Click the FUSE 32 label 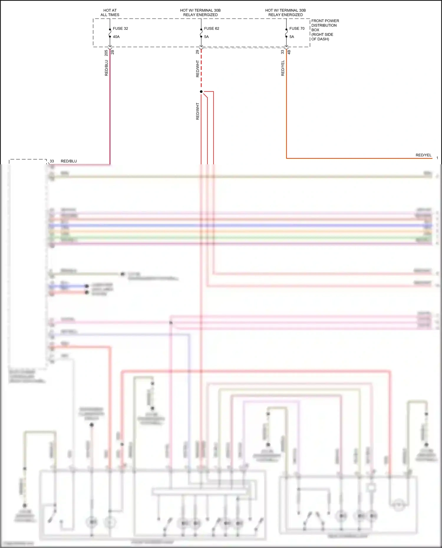click(x=120, y=29)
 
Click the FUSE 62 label click(x=211, y=29)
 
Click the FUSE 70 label click(x=297, y=29)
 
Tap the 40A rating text click(x=116, y=37)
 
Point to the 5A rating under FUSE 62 click(x=206, y=37)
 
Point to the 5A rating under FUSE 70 click(x=291, y=37)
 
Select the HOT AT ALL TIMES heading click(x=110, y=12)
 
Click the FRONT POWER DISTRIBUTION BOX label click(x=325, y=30)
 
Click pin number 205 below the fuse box click(x=106, y=53)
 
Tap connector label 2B click(x=113, y=52)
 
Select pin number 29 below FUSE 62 click(x=197, y=52)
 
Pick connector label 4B click(x=289, y=52)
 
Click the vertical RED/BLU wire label click(x=106, y=68)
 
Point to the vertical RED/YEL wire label click(x=283, y=68)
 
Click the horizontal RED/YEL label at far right click(x=423, y=155)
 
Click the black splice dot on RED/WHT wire click(x=201, y=92)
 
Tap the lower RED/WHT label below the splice click(x=197, y=111)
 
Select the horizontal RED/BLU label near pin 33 click(x=69, y=161)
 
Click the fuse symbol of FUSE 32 click(x=110, y=33)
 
